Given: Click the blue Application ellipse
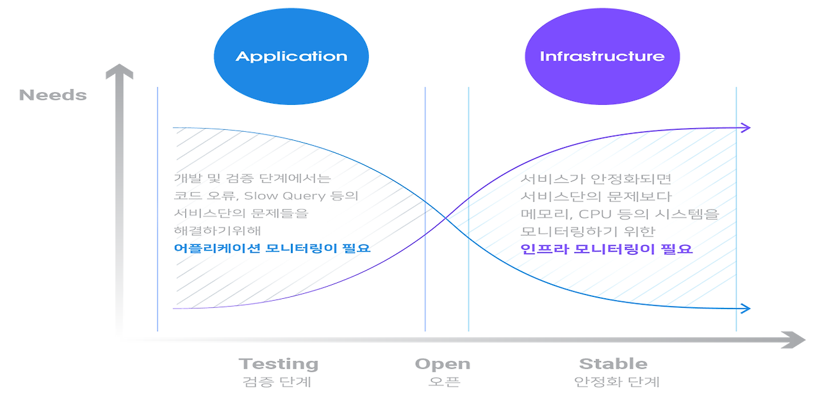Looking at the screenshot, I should tap(291, 56).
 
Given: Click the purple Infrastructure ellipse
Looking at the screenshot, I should tap(602, 56).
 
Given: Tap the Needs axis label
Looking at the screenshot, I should tap(53, 95).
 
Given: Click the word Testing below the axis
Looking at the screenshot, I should tap(278, 364).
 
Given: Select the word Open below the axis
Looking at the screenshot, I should tap(442, 364).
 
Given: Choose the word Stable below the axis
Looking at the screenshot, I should tap(613, 364).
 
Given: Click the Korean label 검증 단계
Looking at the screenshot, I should tap(277, 382).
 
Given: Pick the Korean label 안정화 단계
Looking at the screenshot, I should tap(617, 382).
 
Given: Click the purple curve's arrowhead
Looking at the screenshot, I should tap(745, 128).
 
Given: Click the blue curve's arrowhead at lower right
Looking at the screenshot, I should tap(745, 308).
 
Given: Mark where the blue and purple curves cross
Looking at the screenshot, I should tap(447, 218).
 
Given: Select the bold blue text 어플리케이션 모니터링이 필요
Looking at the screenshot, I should tap(272, 248).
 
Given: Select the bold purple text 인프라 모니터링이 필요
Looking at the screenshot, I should tap(606, 249).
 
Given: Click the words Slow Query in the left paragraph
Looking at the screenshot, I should tap(285, 196).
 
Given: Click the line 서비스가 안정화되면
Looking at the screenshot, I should tap(595, 179).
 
